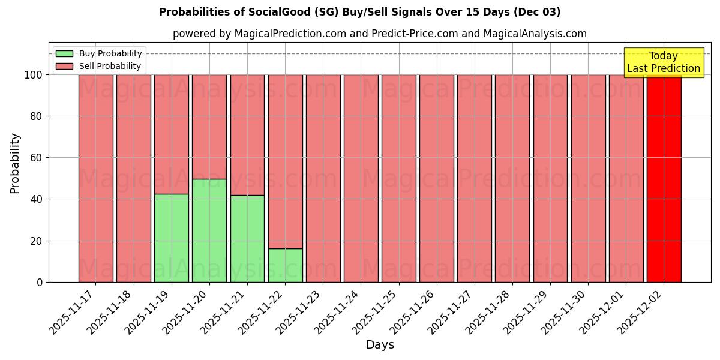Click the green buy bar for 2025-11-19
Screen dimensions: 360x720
[x=172, y=238]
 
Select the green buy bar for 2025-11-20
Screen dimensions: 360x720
[x=209, y=230]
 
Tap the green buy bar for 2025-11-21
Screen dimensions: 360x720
[x=247, y=238]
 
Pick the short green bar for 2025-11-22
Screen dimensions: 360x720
[x=285, y=265]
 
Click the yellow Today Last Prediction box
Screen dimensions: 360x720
[x=664, y=62]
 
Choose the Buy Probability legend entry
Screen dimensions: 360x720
[x=99, y=53]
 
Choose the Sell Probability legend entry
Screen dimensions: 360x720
[x=99, y=66]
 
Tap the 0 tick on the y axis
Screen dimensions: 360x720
[x=39, y=282]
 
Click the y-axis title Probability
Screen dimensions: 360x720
[x=15, y=163]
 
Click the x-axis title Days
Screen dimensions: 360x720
[x=380, y=345]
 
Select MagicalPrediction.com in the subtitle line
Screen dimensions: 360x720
[x=289, y=34]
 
